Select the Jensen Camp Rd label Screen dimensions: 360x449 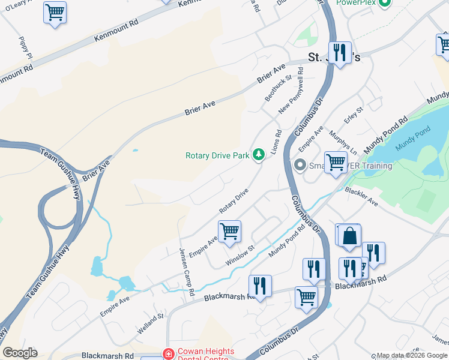click(x=187, y=271)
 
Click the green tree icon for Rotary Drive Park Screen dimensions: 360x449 click(x=259, y=155)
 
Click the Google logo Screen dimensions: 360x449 click(x=20, y=353)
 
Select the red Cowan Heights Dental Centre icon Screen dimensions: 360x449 click(x=167, y=353)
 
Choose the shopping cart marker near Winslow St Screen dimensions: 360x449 click(x=229, y=231)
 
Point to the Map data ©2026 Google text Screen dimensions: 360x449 click(x=411, y=355)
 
